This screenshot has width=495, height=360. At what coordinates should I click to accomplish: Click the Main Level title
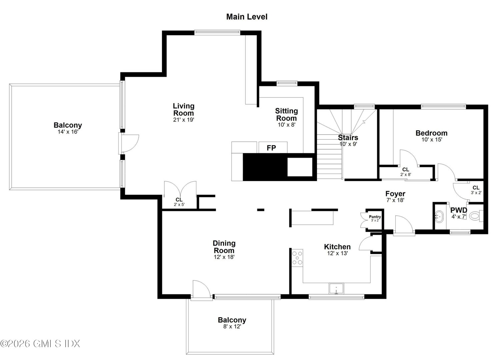(x=247, y=17)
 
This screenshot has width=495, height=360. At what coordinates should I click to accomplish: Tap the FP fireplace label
(x=271, y=148)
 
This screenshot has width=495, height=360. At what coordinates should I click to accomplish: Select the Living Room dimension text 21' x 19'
(x=183, y=120)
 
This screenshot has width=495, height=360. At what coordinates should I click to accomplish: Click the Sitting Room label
(x=286, y=114)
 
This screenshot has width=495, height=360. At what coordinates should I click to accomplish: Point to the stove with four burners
(x=297, y=258)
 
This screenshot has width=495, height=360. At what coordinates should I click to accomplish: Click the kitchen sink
(x=337, y=289)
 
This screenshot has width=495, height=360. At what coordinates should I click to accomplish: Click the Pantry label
(x=375, y=217)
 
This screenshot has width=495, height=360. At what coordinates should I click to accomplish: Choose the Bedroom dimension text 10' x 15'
(x=431, y=140)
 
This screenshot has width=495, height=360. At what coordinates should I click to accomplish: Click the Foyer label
(x=395, y=194)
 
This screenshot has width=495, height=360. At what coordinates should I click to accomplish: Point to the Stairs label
(x=348, y=137)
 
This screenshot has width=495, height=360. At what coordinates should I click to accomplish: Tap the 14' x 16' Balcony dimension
(x=68, y=132)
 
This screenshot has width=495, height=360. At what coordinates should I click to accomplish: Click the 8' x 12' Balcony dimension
(x=232, y=327)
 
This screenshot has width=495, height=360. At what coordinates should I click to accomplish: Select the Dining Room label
(x=224, y=247)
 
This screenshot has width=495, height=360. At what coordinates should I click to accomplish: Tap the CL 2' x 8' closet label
(x=405, y=170)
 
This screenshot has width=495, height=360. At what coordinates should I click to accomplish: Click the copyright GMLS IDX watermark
(x=40, y=343)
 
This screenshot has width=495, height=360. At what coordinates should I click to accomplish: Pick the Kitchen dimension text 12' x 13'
(x=337, y=253)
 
